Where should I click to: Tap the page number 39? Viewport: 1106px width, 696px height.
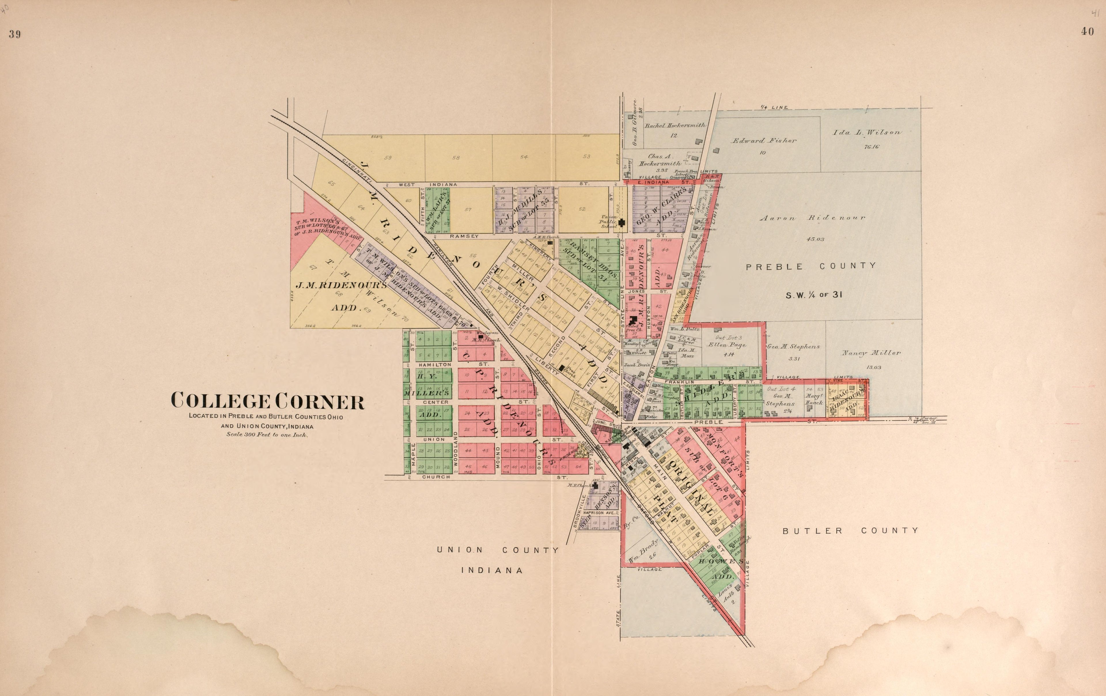pyautogui.click(x=15, y=35)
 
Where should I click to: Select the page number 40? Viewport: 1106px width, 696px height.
pyautogui.click(x=1087, y=32)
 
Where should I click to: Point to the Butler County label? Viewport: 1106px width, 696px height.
pyautogui.click(x=851, y=531)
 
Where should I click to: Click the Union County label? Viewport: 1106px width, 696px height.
pyautogui.click(x=497, y=550)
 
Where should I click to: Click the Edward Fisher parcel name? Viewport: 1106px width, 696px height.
pyautogui.click(x=764, y=141)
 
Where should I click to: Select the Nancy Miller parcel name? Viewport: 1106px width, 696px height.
pyautogui.click(x=871, y=353)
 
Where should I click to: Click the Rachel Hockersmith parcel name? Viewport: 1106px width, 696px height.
pyautogui.click(x=675, y=125)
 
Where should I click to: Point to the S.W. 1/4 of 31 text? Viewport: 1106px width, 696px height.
pyautogui.click(x=813, y=295)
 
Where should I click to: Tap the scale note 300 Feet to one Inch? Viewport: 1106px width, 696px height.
pyautogui.click(x=267, y=434)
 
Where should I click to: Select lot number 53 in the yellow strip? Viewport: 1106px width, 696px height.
pyautogui.click(x=586, y=156)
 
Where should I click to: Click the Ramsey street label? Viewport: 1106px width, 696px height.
pyautogui.click(x=464, y=236)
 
